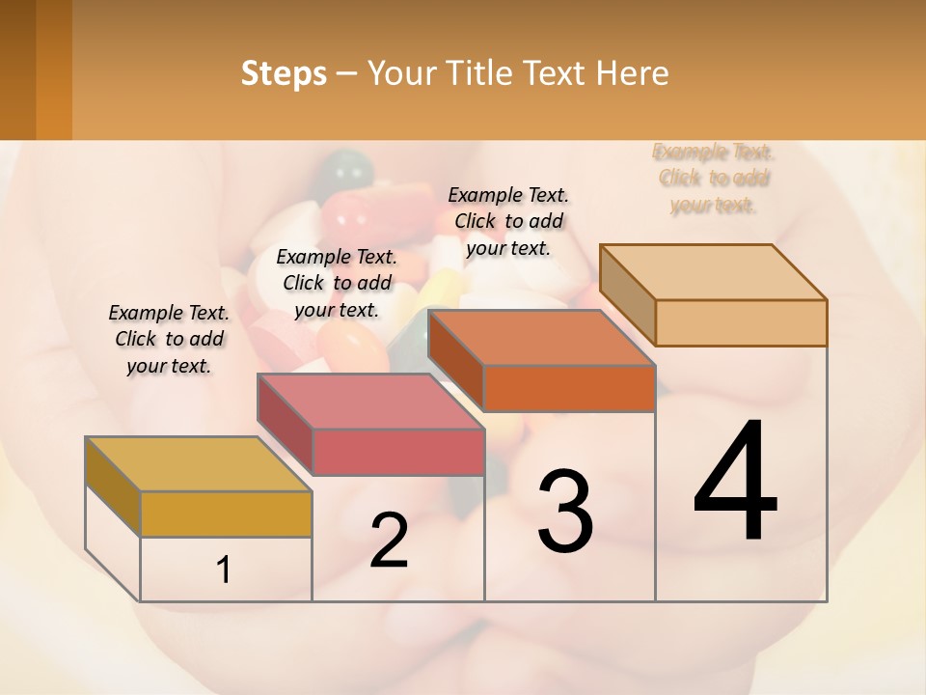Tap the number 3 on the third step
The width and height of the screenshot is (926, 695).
pos(565,511)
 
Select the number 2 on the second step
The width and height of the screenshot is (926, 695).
pos(389,541)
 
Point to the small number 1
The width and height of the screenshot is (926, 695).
pos(224,570)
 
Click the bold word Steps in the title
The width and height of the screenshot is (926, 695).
pos(284,73)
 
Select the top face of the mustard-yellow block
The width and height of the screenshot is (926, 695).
pos(199,464)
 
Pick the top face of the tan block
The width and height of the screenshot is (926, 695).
pos(714,272)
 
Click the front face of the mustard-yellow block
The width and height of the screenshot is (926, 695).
pos(226,514)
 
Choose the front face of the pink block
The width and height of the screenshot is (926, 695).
pos(398,452)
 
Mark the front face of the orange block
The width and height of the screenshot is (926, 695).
pos(569,388)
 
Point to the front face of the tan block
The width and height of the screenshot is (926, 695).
pos(741,322)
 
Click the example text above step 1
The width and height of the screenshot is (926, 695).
pos(169,339)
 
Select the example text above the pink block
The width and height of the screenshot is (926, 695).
pos(337,283)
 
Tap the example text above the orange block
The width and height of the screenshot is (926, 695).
pos(508,221)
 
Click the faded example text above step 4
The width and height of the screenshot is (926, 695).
pos(714,178)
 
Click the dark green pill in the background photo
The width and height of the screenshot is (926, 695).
pos(347,172)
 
